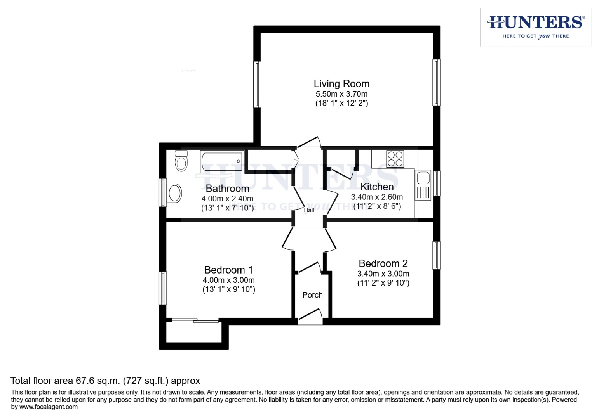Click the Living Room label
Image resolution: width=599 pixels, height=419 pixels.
[341, 84]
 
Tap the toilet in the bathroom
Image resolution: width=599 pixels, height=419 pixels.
[181, 161]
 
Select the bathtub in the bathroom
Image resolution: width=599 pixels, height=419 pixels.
[222, 161]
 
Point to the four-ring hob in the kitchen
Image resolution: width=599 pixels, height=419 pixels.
[395, 159]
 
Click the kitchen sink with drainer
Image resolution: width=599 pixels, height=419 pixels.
[423, 185]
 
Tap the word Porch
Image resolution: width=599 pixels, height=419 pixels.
[312, 295]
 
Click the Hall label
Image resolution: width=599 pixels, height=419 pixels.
[309, 210]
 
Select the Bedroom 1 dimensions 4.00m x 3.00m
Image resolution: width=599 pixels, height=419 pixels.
[228, 280]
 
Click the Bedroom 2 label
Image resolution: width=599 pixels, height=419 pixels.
[383, 263]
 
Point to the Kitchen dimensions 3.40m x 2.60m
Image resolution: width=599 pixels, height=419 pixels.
[377, 197]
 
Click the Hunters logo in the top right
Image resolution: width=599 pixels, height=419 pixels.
[535, 27]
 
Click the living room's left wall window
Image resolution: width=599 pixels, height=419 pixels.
[257, 84]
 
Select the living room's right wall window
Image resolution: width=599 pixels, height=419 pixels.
[436, 82]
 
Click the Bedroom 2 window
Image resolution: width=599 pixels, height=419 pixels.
[436, 255]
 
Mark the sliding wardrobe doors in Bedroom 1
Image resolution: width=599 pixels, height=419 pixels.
[195, 320]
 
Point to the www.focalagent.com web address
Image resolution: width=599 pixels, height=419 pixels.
[48, 407]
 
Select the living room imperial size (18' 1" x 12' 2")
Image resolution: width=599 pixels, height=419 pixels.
[341, 103]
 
